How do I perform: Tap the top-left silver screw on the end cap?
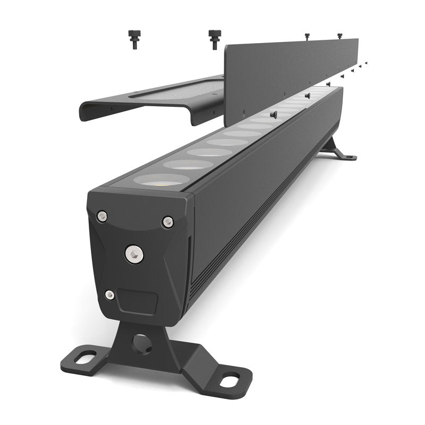tap(102, 216)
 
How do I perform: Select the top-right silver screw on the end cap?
tap(167, 222)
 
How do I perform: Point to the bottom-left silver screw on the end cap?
tap(109, 295)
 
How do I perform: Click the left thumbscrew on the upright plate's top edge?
tap(307, 36)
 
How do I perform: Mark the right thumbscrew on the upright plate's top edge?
tap(339, 36)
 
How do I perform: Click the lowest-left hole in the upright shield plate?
tap(242, 112)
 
